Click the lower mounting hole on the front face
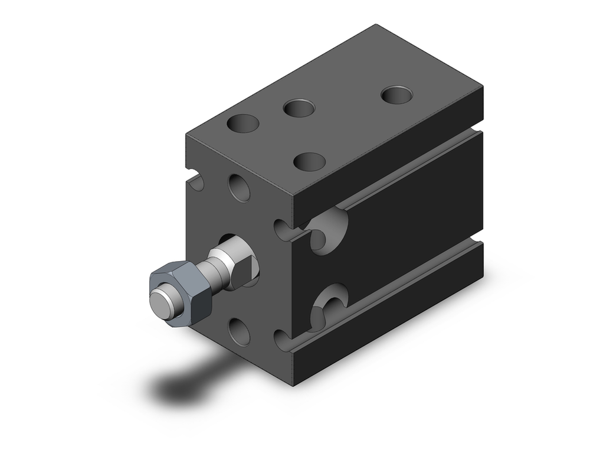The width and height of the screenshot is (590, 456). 240,331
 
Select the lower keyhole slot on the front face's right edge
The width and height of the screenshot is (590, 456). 283,339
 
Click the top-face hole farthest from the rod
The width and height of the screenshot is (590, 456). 397,95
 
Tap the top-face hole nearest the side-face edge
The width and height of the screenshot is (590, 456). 310,161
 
